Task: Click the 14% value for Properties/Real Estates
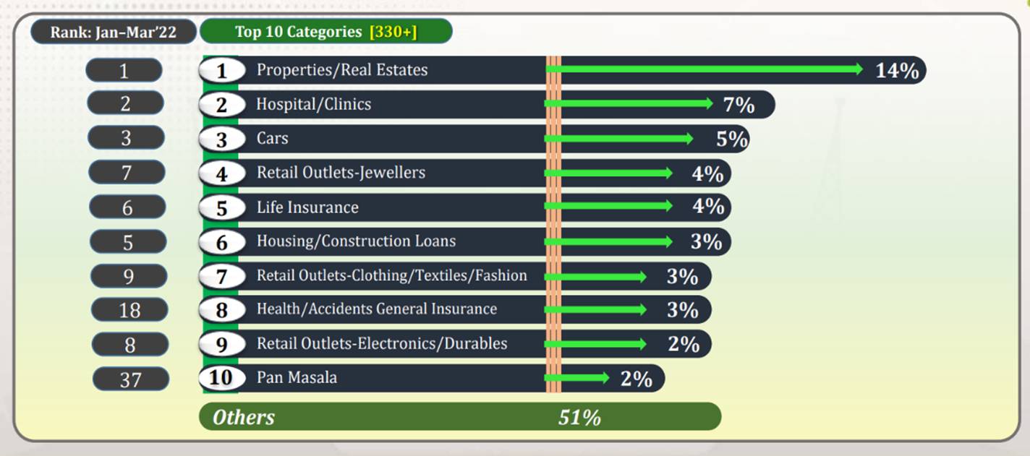tap(897, 70)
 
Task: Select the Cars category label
tap(272, 138)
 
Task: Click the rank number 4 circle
tap(221, 173)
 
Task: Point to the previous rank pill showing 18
tap(129, 310)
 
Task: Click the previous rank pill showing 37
tap(130, 379)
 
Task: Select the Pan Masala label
tap(297, 377)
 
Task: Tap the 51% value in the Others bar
tap(579, 417)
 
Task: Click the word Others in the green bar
tap(244, 417)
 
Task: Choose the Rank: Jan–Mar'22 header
tap(114, 32)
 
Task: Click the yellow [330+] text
tap(393, 32)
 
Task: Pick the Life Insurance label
tap(307, 207)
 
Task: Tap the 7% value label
tap(739, 105)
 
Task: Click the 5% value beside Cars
tap(731, 139)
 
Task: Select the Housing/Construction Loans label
tap(356, 241)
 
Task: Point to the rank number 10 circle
tap(221, 378)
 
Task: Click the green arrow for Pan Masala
tap(577, 378)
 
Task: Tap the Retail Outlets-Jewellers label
tap(341, 173)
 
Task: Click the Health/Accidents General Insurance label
tap(376, 309)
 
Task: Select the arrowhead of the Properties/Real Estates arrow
tap(859, 69)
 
